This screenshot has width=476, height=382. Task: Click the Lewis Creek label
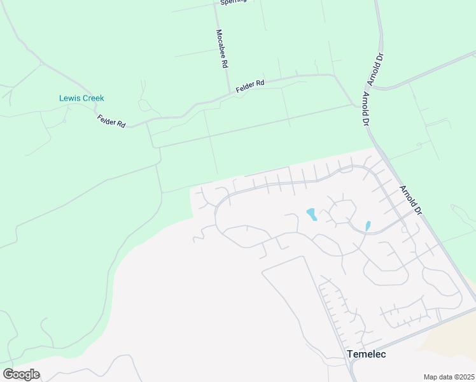81,98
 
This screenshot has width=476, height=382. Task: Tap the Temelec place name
366,354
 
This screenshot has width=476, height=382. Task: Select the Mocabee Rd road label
221,48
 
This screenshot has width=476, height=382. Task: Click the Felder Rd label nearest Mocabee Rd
249,87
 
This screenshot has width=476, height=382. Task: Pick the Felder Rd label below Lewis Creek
111,120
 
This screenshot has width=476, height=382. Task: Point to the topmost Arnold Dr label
375,69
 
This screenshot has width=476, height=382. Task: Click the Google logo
21,374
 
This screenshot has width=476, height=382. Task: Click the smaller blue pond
368,225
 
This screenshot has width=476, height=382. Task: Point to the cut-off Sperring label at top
232,2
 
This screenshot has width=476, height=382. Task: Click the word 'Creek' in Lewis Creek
93,98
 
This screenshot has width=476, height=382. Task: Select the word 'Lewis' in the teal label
69,98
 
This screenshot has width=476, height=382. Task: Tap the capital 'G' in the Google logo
8,374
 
